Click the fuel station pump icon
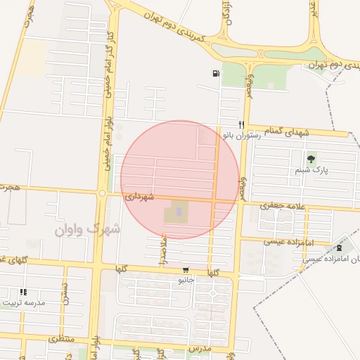214,72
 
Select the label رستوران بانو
241,134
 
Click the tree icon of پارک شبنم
311,159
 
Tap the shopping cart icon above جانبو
186,269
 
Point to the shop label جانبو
186,280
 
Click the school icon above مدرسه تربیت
23,292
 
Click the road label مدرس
200,349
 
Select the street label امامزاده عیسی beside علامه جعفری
287,241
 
